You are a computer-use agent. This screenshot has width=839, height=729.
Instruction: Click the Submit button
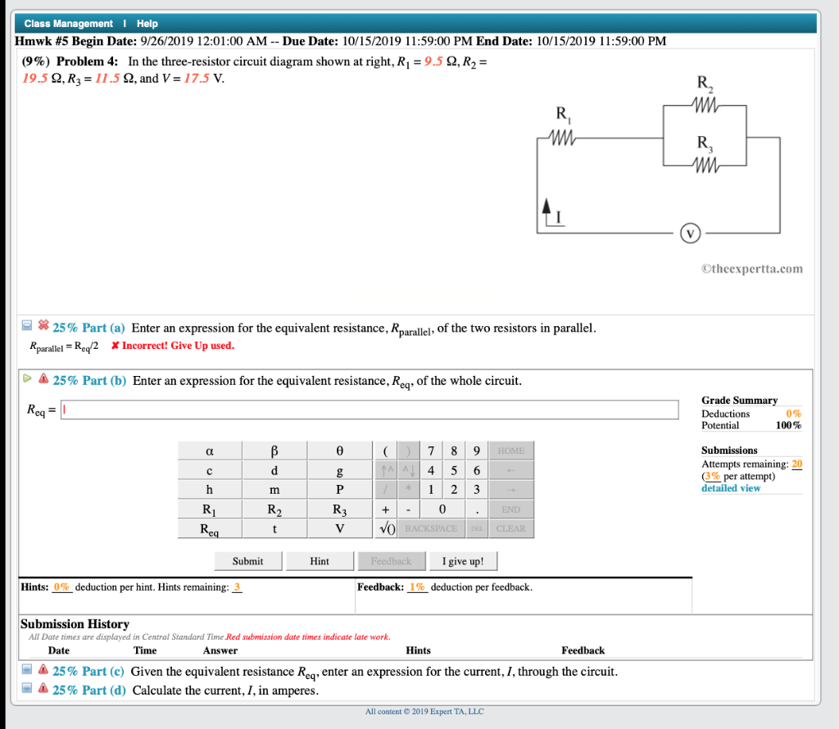pos(247,561)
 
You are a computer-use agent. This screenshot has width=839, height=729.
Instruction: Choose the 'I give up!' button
pos(463,561)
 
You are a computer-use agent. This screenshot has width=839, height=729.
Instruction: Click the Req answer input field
pos(370,410)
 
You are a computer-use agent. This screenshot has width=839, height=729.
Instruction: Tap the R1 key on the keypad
pos(210,509)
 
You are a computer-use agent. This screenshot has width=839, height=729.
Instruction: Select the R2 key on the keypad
pos(274,509)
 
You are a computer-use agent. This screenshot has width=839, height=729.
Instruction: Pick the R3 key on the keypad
pos(339,509)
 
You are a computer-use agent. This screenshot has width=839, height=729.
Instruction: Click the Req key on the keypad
pos(210,528)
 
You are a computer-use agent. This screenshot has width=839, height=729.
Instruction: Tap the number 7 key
pos(431,451)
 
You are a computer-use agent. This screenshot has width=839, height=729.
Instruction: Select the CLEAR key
pos(510,528)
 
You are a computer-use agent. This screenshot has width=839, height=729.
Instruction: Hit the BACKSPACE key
pos(431,528)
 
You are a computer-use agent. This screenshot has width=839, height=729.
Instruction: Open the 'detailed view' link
pos(731,488)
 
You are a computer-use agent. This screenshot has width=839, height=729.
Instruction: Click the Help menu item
pos(147,24)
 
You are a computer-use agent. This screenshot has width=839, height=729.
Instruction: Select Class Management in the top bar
pos(69,24)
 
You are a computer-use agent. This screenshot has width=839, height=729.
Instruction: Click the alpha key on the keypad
pos(210,451)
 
